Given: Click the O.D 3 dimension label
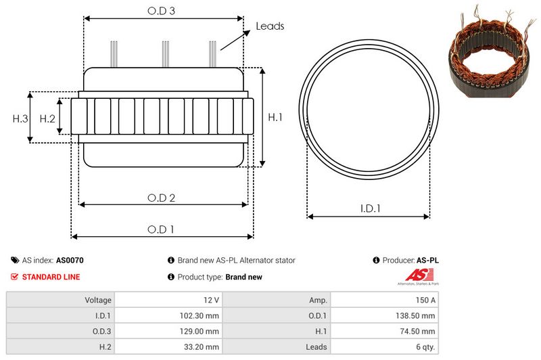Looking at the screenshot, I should pos(162,12).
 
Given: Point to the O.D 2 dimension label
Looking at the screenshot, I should pos(162,198).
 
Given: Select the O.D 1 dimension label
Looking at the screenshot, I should pos(161,229).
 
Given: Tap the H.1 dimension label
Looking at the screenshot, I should pos(275,117).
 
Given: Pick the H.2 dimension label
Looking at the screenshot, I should pos(47,118).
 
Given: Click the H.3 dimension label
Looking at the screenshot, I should pos(20,118).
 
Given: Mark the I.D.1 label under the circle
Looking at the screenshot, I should pos(369,209).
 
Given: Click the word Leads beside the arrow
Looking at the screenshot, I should pos(270,26).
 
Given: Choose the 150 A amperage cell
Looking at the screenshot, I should pos(425,300).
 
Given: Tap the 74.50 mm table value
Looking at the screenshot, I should pos(419,331).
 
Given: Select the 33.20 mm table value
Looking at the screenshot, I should pos(204,347).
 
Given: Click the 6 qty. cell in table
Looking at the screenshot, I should pos(424,347).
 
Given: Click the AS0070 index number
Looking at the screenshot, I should pos(70,260).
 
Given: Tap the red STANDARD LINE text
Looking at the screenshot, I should pos(51,277).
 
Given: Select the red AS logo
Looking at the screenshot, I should pos(415,275).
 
